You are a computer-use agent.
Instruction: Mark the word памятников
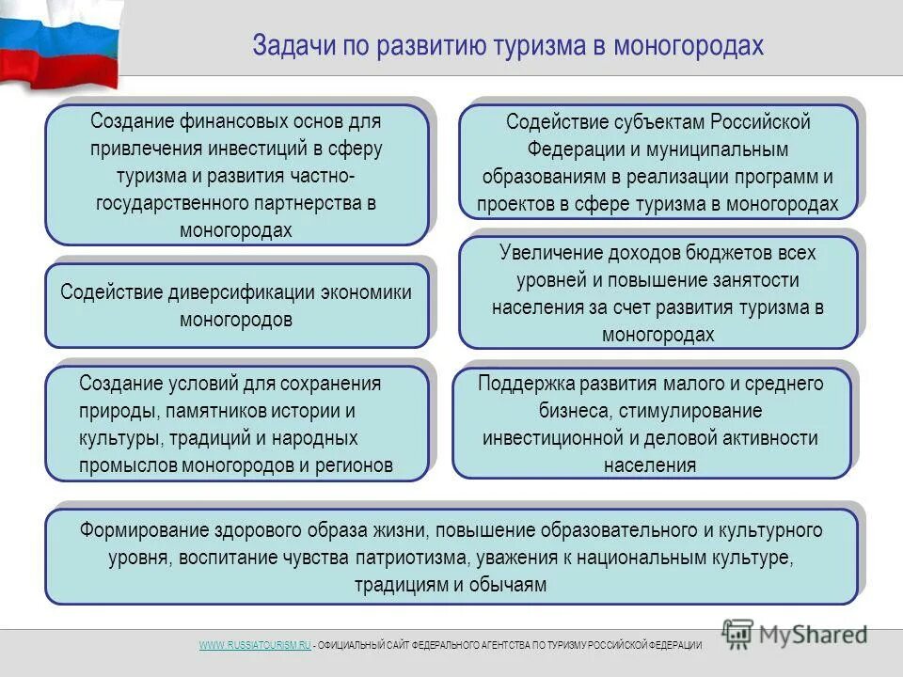point(217,411)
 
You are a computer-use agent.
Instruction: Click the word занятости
point(760,280)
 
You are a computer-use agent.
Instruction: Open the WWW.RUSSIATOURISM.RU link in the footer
point(254,644)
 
